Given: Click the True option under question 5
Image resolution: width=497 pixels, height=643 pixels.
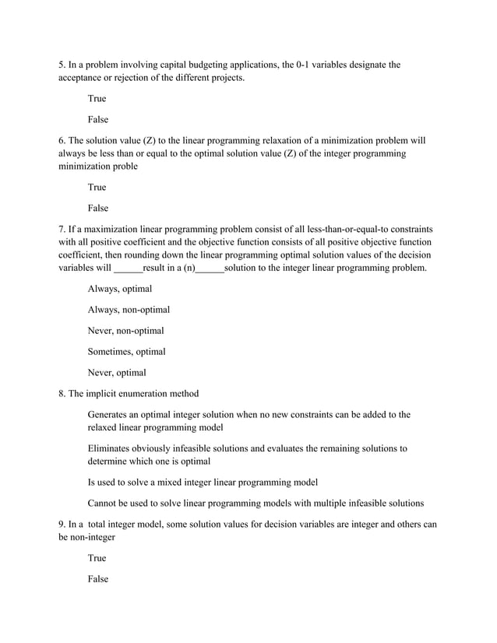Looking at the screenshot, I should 97,99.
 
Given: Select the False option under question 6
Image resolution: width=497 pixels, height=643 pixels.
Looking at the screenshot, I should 97,208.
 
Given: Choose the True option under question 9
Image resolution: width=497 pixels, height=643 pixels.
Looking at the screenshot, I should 97,558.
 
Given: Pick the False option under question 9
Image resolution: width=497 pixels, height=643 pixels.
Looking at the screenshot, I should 97,579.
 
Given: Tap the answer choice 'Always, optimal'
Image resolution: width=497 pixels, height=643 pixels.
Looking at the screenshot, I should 119,289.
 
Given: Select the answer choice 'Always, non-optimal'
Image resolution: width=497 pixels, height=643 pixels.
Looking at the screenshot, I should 129,310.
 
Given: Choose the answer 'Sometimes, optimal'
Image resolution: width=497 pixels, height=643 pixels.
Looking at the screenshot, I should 126,351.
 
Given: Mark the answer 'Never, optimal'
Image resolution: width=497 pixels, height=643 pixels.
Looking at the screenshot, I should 116,372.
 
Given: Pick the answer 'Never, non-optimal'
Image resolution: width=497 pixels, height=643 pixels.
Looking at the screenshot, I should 125,331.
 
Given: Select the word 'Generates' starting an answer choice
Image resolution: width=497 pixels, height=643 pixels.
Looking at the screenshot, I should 110,415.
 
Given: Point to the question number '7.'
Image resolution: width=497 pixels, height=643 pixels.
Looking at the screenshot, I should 62,230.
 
